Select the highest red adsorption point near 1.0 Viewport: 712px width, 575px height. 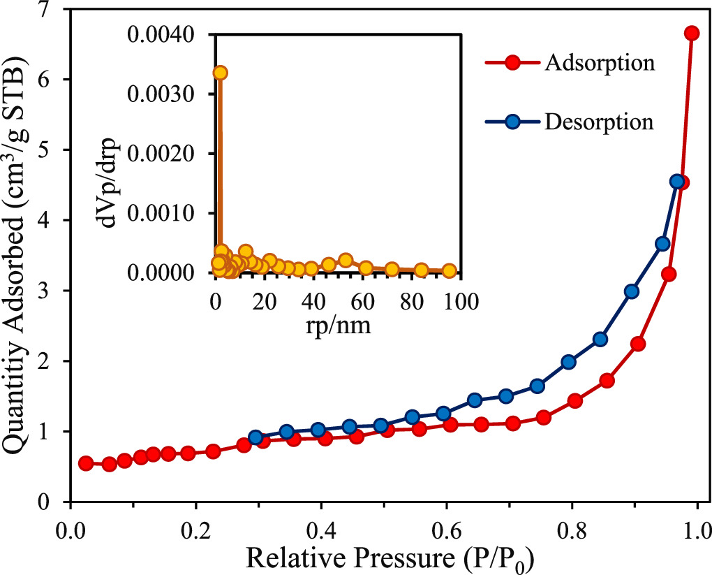tap(692, 33)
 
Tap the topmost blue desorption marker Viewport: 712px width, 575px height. tap(676, 182)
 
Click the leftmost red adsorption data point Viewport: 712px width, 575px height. tap(86, 463)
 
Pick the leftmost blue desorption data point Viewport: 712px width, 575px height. tap(255, 438)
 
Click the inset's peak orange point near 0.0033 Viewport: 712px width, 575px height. tap(220, 73)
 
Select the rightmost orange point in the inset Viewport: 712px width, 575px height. tap(450, 271)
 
